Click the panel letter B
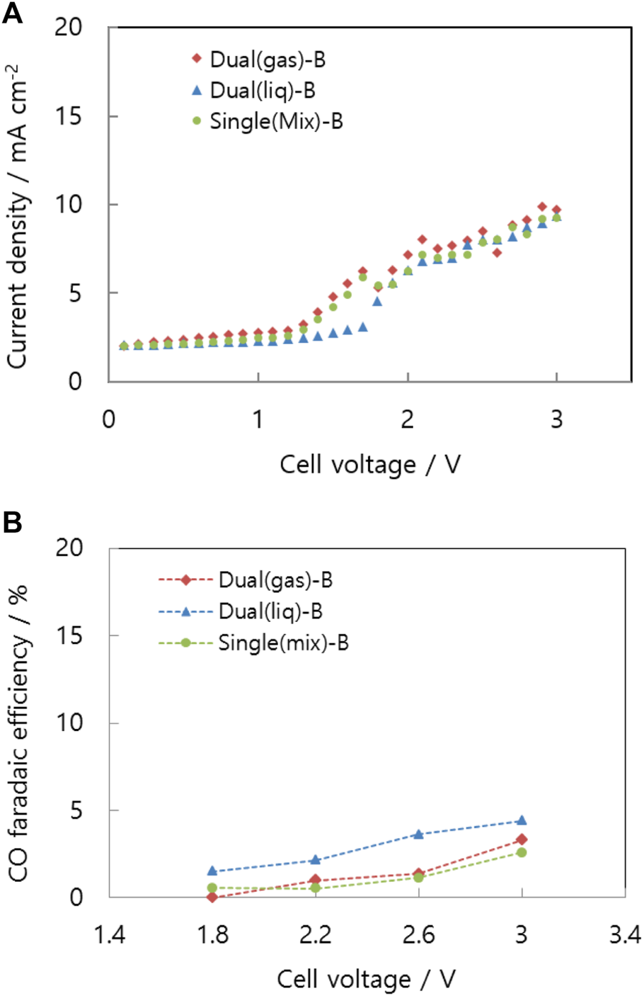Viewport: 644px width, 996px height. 12,523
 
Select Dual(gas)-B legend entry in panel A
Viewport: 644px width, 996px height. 259,60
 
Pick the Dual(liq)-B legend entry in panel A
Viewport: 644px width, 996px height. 254,91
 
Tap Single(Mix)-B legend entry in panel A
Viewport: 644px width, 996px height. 268,122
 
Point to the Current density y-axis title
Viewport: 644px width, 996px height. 17,216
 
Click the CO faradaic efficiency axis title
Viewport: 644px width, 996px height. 17,733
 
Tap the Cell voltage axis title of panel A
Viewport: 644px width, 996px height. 369,465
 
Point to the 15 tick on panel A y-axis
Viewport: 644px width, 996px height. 69,116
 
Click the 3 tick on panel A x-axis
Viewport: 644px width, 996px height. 557,419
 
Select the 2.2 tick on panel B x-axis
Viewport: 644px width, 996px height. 316,935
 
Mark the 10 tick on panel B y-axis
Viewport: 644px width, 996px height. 69,723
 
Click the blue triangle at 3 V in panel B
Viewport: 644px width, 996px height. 522,820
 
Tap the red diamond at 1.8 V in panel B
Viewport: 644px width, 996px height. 212,897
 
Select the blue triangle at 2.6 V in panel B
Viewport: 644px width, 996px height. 418,834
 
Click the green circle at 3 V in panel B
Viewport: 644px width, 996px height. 522,852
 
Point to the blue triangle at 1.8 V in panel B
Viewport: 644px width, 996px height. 212,871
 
